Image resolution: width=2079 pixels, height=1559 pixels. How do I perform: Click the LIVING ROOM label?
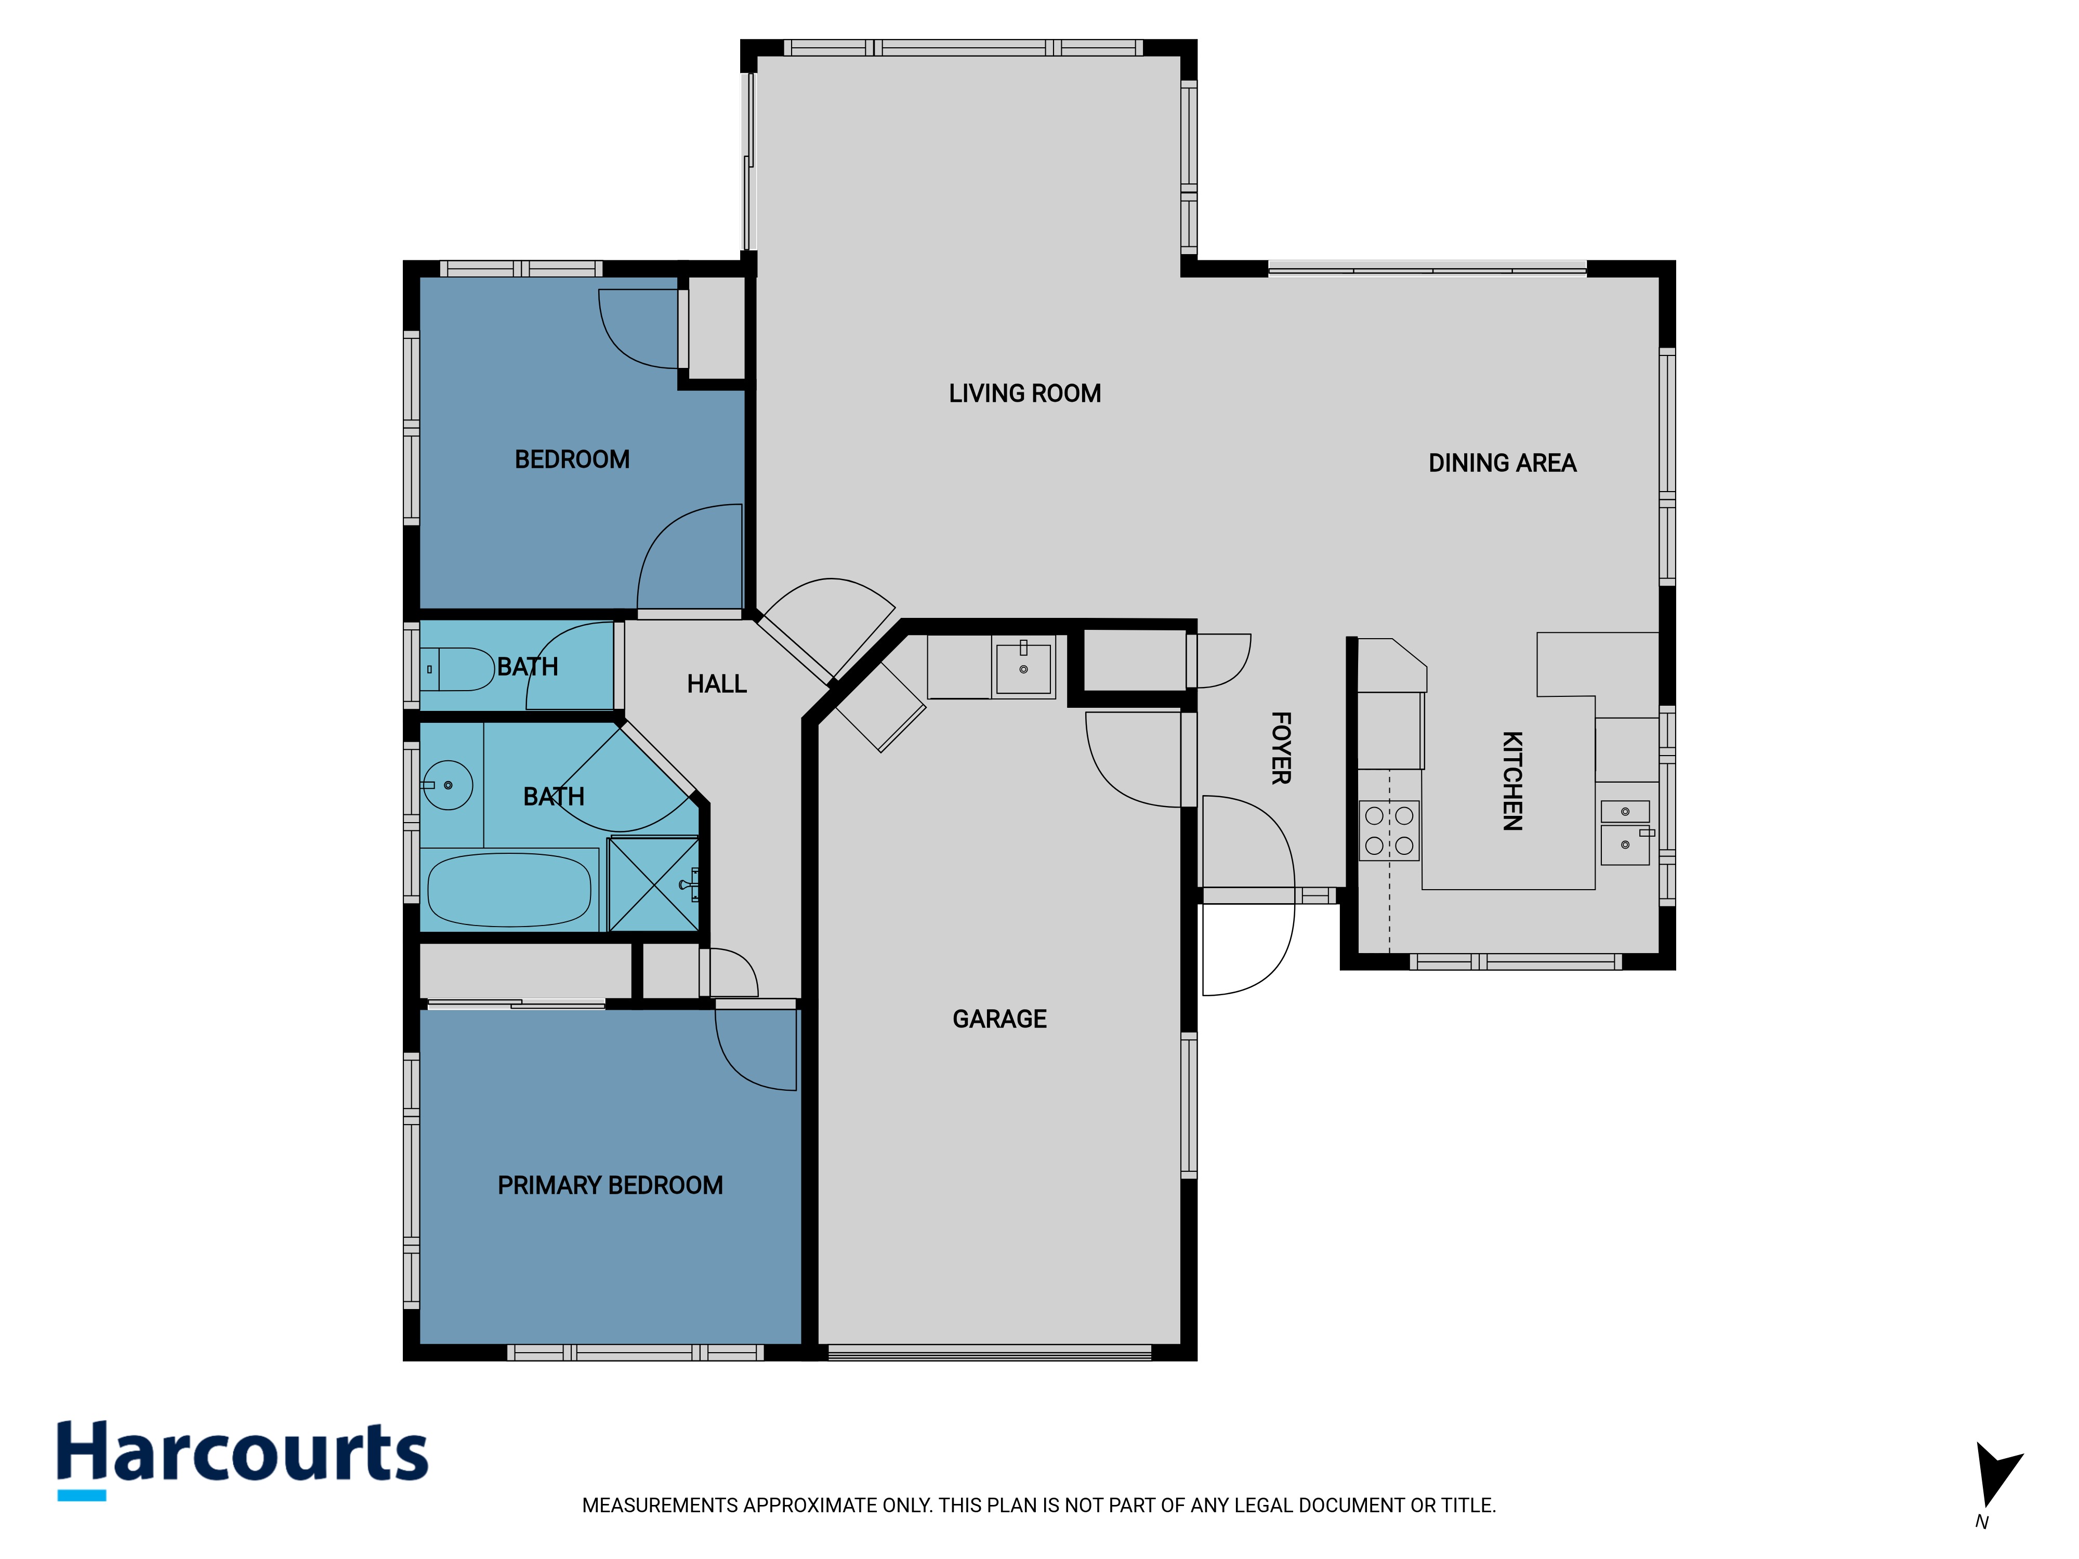coord(1024,393)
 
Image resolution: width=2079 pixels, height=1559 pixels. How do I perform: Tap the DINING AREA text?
coord(1502,463)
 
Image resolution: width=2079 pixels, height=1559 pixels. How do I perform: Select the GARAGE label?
coord(999,1019)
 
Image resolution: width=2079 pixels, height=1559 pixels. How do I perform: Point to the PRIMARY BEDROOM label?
coord(610,1185)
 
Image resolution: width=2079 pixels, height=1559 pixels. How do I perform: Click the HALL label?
coord(716,683)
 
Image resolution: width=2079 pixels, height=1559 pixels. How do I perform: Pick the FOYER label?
coord(1280,748)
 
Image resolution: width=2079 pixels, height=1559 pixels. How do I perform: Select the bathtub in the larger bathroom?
coord(509,889)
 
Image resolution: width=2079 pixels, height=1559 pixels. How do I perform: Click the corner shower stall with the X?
coord(653,883)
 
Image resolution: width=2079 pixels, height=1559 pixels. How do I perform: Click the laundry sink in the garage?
coord(1023,666)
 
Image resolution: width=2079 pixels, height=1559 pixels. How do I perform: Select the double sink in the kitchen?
coord(1625,831)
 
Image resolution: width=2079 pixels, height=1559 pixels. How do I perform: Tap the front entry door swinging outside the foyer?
coord(1248,943)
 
